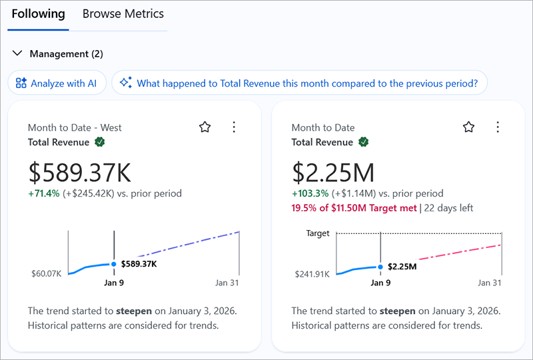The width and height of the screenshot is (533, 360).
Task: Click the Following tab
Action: tap(38, 14)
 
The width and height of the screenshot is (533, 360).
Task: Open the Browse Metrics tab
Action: tap(123, 14)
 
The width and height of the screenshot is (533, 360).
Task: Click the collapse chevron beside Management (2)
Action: tap(17, 53)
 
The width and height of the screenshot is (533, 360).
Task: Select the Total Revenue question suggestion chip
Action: tap(299, 83)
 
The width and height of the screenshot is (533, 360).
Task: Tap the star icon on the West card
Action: tap(205, 127)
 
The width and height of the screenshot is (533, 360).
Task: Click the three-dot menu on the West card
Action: tap(233, 127)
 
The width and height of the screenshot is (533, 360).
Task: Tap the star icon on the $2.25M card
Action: tap(468, 127)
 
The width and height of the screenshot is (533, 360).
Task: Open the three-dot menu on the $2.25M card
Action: tap(497, 127)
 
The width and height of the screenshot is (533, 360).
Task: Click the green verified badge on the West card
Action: tap(99, 142)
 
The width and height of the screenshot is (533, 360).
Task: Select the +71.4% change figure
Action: tap(43, 194)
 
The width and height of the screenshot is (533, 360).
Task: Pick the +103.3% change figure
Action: tap(310, 194)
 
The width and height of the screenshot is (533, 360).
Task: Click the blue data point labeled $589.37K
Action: tap(114, 264)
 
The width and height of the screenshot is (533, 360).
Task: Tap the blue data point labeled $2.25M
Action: tap(380, 267)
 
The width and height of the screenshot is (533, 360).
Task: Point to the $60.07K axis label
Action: tap(46, 273)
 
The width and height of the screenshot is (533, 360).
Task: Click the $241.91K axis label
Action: tap(311, 273)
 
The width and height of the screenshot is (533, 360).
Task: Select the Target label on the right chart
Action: tap(318, 234)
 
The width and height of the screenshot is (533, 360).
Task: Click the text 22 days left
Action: tap(448, 208)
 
